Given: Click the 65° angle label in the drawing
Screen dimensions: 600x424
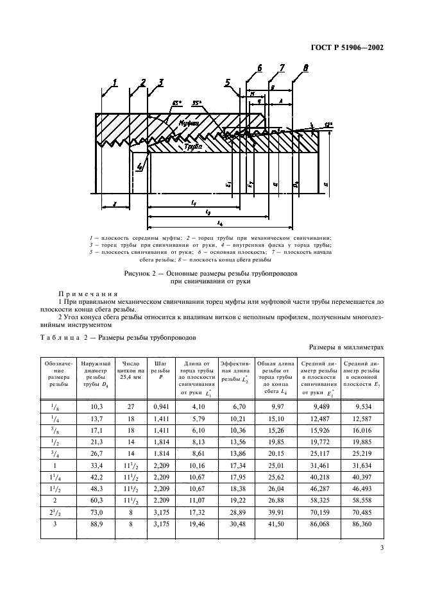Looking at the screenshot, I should point(176,102).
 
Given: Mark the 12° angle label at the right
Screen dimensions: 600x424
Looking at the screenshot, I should point(329,123).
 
